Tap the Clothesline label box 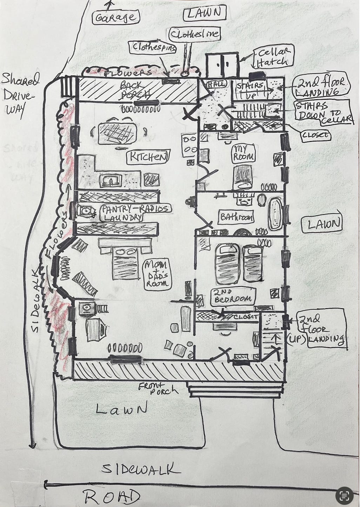(x=195, y=34)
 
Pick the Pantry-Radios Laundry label (x=135, y=212)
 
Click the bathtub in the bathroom (x=276, y=214)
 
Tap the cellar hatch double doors (x=222, y=66)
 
